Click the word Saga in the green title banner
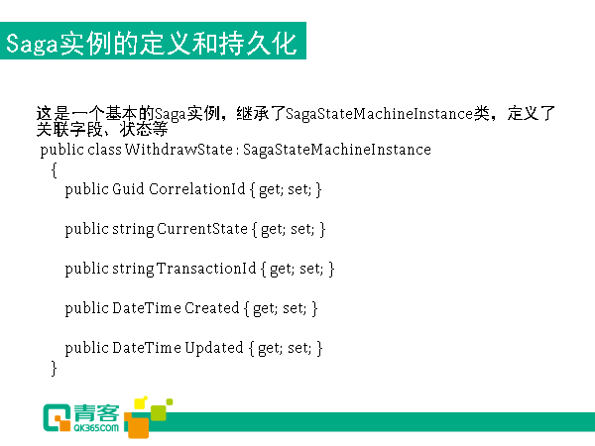coord(32,44)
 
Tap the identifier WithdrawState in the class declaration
coord(178,150)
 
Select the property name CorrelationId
coord(197,189)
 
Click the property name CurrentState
coord(202,229)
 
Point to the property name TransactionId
coord(206,269)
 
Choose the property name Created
coord(212,308)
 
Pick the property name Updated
coord(214,348)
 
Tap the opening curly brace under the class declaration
coord(54,169)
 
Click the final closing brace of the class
coord(54,369)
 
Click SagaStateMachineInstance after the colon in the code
coord(337,150)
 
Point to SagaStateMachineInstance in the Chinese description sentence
coord(380,114)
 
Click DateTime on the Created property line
coord(147,308)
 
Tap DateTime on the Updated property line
coord(147,348)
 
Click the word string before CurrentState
coord(133,229)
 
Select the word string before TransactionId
coord(133,269)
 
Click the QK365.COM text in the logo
coord(96,427)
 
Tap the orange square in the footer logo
coord(138,425)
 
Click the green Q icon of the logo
coord(57,417)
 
